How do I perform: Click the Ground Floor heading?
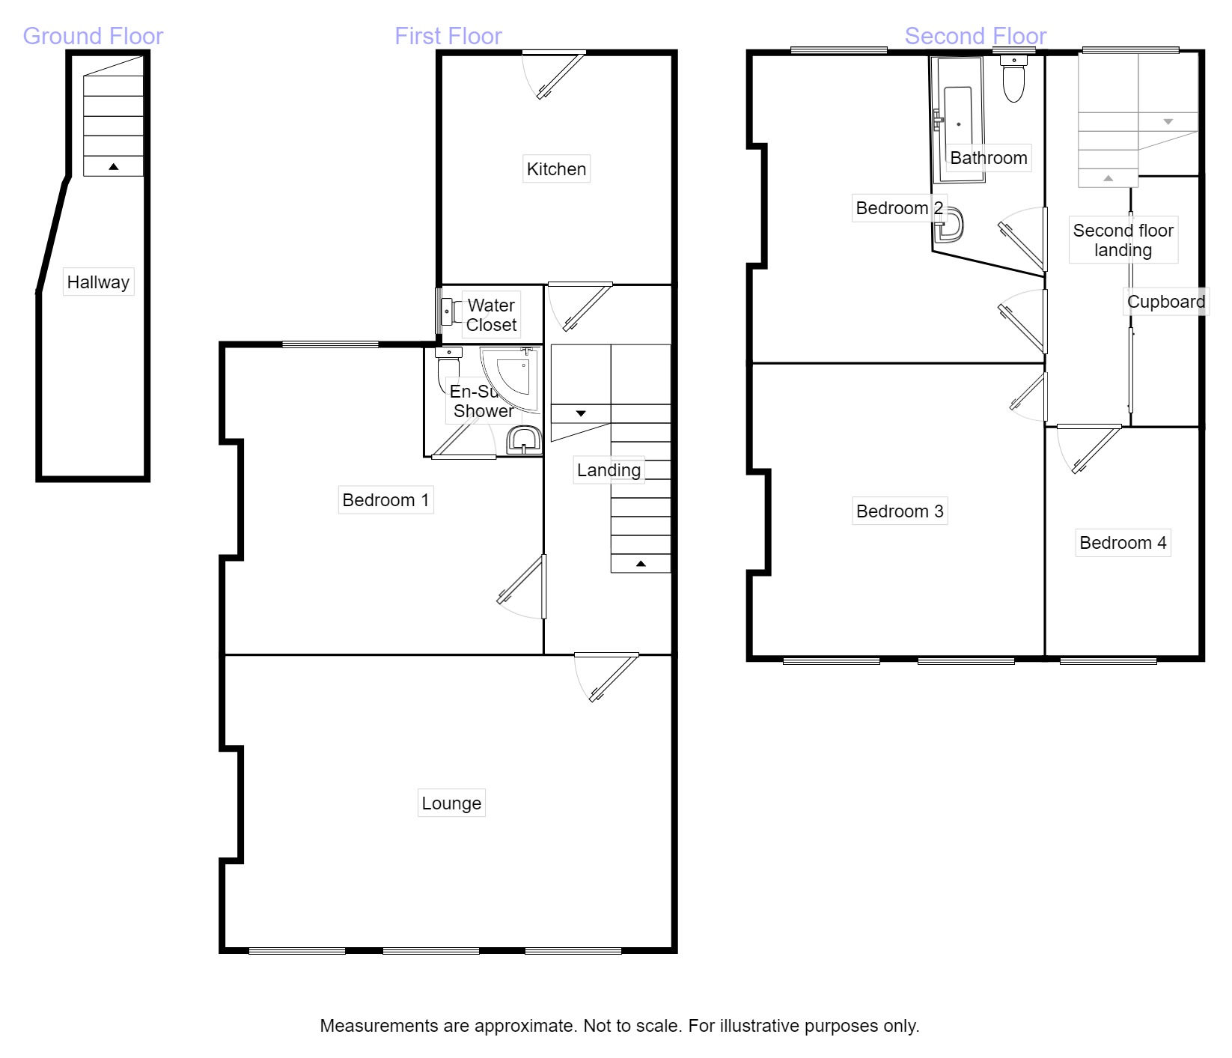click(93, 36)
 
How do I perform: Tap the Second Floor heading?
click(975, 36)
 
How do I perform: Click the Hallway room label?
click(98, 282)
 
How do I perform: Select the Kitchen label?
click(556, 169)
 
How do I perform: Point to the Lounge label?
click(451, 803)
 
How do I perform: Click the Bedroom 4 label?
click(1123, 543)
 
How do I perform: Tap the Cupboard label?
click(1165, 302)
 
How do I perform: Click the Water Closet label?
click(491, 315)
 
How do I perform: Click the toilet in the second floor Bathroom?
click(1014, 80)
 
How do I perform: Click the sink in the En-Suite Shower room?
click(524, 441)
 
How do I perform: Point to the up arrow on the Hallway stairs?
click(113, 166)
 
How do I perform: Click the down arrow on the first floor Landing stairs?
click(581, 413)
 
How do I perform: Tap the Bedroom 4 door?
click(1094, 448)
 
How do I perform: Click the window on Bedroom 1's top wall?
click(330, 344)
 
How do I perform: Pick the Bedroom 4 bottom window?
click(1109, 660)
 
